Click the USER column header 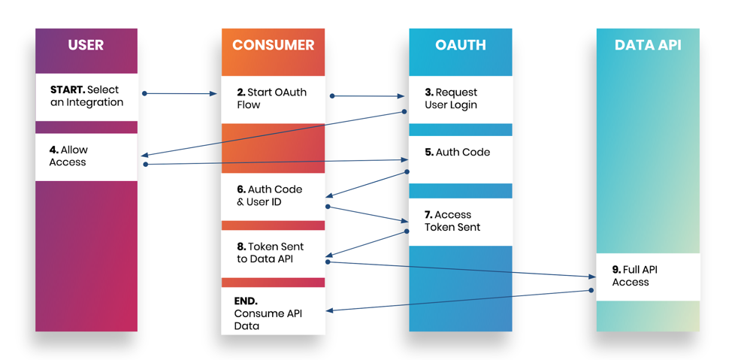[x=86, y=45]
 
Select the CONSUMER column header [x=273, y=45]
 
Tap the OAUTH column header [x=460, y=45]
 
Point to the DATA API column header [x=647, y=45]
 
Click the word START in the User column [x=67, y=89]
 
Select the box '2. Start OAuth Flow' [x=273, y=98]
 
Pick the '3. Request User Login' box [x=460, y=98]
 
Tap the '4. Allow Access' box [x=86, y=156]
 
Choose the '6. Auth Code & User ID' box [x=273, y=196]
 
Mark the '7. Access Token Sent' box [x=460, y=221]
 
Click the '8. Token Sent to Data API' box [x=273, y=253]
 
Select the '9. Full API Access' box [x=647, y=276]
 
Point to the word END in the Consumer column [x=246, y=301]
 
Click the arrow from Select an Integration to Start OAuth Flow [x=180, y=94]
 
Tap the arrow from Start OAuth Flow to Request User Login [x=368, y=96]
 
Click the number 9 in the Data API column [x=616, y=269]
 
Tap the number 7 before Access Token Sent [x=428, y=215]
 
